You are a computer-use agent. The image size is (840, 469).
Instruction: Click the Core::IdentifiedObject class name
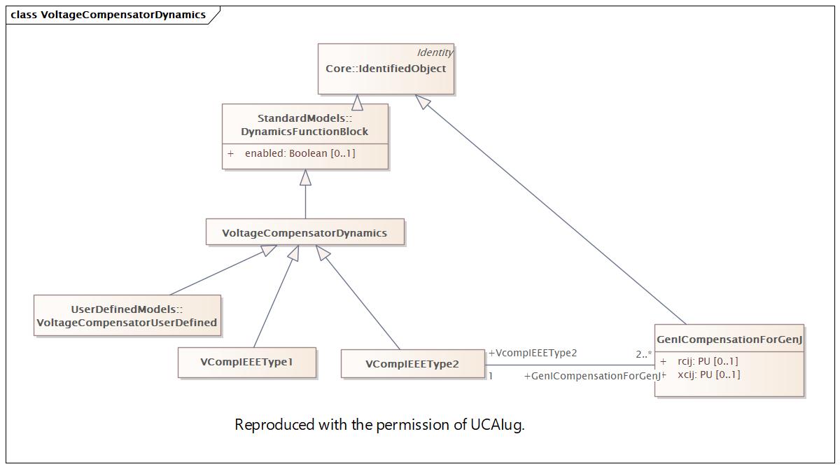386,69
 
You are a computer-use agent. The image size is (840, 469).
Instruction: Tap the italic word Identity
435,52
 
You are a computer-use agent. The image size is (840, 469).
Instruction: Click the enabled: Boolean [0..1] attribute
300,153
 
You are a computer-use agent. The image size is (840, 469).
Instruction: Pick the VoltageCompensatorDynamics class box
305,232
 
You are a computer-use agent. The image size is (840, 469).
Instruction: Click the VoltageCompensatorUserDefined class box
127,315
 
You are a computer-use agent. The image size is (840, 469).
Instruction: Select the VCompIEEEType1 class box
246,363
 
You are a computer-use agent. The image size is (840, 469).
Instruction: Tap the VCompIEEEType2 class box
412,364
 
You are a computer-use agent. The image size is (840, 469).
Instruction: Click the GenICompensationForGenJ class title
729,339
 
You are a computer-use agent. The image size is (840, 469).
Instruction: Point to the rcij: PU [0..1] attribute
708,361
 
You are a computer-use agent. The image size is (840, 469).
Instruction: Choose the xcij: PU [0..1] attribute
708,374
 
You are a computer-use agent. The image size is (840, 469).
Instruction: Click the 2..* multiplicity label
644,354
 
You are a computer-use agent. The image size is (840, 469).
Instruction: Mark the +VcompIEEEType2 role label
533,353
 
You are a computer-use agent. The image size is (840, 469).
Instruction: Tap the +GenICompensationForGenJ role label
592,376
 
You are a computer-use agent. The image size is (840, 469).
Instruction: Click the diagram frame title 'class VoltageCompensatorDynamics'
108,15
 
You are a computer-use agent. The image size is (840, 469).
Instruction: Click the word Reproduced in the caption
274,425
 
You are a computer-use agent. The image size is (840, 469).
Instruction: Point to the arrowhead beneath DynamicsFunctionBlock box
306,177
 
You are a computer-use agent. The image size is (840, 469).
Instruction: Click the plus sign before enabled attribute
230,153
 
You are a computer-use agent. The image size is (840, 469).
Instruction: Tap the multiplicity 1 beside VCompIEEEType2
491,376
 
